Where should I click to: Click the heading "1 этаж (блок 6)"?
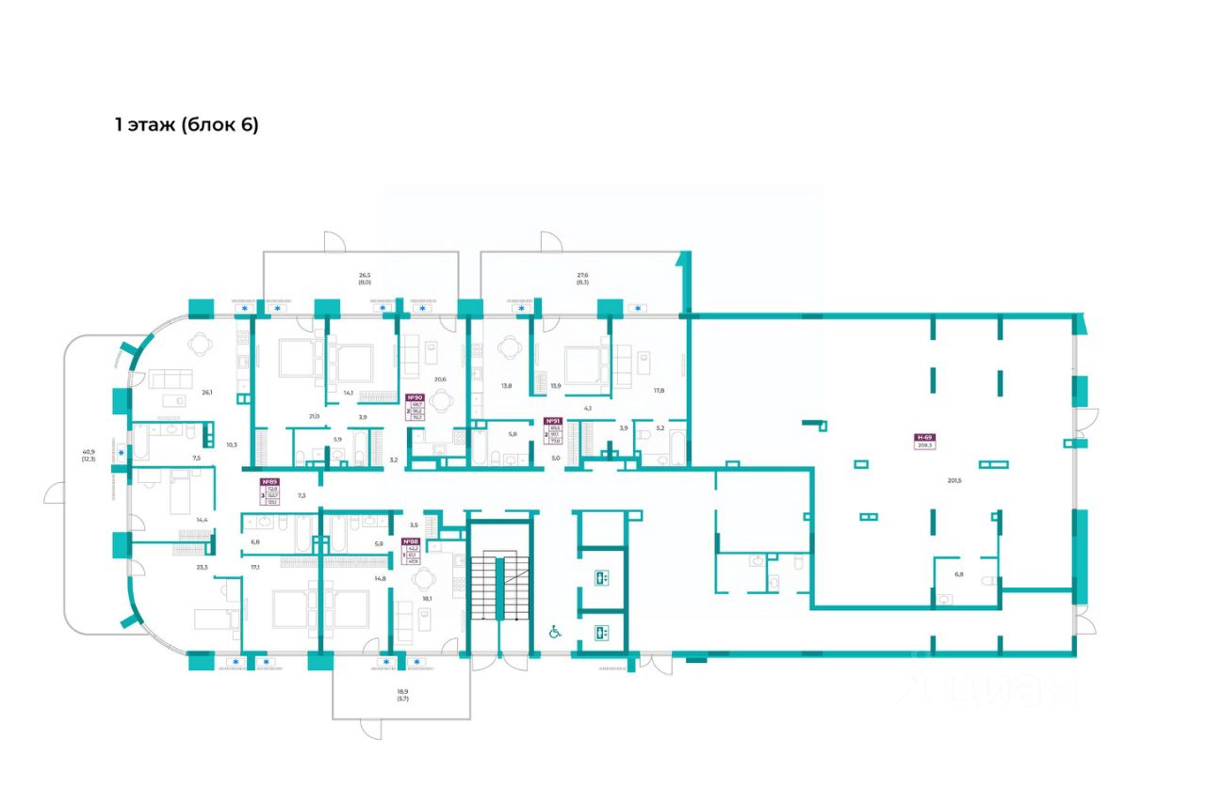tap(186, 125)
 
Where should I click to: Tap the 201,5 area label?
tap(954, 480)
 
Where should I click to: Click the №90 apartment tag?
tap(415, 398)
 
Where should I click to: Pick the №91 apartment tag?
tap(553, 422)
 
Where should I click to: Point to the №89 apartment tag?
tap(270, 481)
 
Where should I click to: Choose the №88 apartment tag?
tap(410, 541)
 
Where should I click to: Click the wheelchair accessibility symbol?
tap(556, 632)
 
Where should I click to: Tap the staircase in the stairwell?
tap(499, 588)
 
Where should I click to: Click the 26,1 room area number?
tap(206, 393)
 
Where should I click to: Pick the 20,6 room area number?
tap(438, 379)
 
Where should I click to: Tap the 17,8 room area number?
tap(660, 390)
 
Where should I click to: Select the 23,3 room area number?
tap(203, 567)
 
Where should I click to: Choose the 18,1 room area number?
tap(427, 598)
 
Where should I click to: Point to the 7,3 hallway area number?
tap(302, 493)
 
